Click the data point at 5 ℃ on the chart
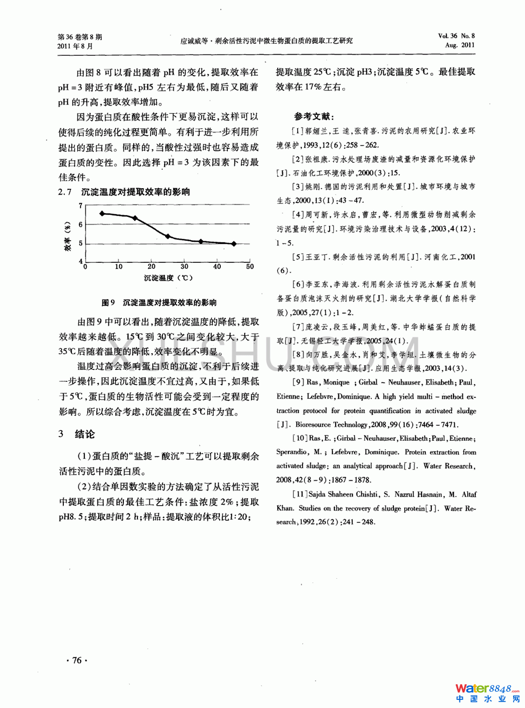(x=102, y=214)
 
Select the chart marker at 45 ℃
(x=234, y=244)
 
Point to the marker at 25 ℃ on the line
(x=168, y=236)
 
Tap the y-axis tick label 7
(x=81, y=206)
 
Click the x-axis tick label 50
(x=250, y=267)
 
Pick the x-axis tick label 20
(x=152, y=267)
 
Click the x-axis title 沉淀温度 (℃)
(x=168, y=278)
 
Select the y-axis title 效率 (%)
(x=68, y=236)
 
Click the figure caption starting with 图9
(x=159, y=302)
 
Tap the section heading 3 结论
(x=77, y=434)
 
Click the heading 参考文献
(x=314, y=116)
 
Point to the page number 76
(x=77, y=660)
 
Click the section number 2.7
(x=65, y=192)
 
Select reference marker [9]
(x=298, y=382)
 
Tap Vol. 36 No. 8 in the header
(x=456, y=36)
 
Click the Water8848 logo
(x=486, y=692)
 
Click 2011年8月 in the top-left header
(x=75, y=47)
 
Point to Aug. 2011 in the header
(x=460, y=45)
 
